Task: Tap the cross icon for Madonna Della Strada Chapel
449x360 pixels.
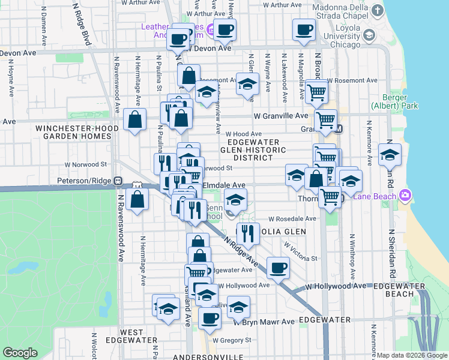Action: (376, 11)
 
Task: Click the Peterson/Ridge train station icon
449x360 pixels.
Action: (119, 180)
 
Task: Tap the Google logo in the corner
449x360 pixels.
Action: (20, 352)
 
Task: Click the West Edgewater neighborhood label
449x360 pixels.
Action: (131, 336)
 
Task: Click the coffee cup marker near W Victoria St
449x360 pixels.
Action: (277, 268)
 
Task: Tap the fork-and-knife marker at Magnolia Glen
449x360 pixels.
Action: (247, 232)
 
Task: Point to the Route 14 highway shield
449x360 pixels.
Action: (139, 188)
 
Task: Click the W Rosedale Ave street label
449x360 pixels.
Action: (292, 219)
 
